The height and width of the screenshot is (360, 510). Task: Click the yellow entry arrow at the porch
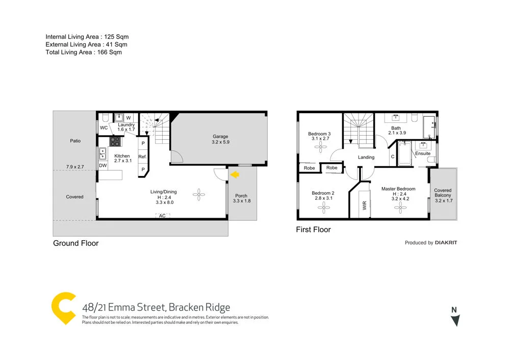pyautogui.click(x=236, y=175)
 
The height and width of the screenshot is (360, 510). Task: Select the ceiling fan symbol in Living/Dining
pyautogui.click(x=199, y=194)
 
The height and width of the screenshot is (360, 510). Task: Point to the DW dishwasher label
pyautogui.click(x=103, y=165)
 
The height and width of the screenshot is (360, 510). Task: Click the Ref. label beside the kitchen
pyautogui.click(x=143, y=157)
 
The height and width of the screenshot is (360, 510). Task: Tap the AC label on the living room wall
pyautogui.click(x=162, y=216)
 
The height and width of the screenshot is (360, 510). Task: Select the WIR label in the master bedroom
pyautogui.click(x=364, y=205)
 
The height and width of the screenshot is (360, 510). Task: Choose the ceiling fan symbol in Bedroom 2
pyautogui.click(x=322, y=208)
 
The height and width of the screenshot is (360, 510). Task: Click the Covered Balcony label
pyautogui.click(x=443, y=195)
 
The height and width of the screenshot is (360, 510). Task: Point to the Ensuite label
pyautogui.click(x=423, y=153)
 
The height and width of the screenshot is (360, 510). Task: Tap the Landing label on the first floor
pyautogui.click(x=366, y=158)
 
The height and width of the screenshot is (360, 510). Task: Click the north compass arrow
pyautogui.click(x=455, y=320)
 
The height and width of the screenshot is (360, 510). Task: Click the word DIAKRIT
pyautogui.click(x=446, y=243)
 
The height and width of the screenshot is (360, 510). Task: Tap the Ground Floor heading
pyautogui.click(x=75, y=243)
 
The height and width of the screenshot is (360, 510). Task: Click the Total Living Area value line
pyautogui.click(x=84, y=52)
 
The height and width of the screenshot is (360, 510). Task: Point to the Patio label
pyautogui.click(x=75, y=141)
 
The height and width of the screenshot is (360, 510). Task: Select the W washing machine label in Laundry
pyautogui.click(x=129, y=118)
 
